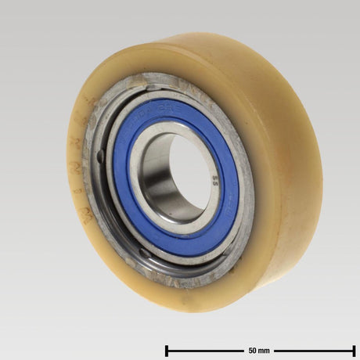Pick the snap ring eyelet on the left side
pos(100,157)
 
